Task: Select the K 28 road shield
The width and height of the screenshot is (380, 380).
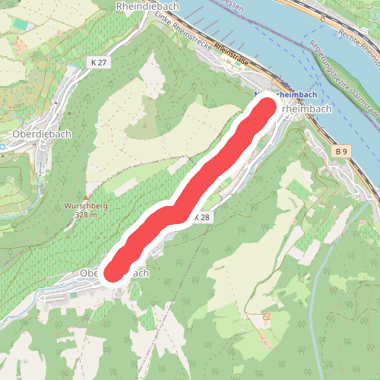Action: tap(201, 217)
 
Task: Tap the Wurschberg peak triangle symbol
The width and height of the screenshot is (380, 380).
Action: tap(85, 198)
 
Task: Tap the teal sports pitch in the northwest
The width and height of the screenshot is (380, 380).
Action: tap(20, 25)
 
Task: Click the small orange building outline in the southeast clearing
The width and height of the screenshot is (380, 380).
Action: tap(266, 316)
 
